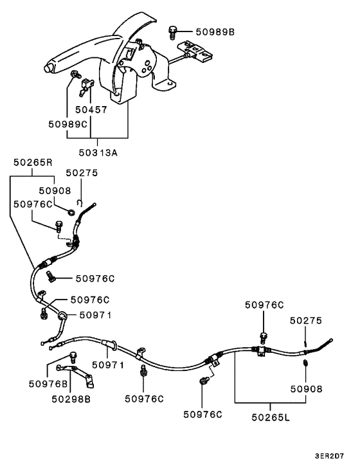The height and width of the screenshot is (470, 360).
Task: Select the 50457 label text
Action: (x=91, y=110)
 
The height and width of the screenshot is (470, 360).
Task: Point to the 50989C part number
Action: (x=67, y=123)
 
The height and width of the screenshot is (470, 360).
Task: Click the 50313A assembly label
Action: (x=98, y=152)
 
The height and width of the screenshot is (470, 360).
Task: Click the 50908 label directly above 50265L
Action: (x=306, y=388)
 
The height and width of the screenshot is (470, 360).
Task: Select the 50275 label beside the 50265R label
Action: (x=82, y=173)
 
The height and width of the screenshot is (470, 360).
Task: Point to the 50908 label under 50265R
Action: (x=55, y=190)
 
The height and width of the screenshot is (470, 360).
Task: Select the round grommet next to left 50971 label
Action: (x=62, y=316)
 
